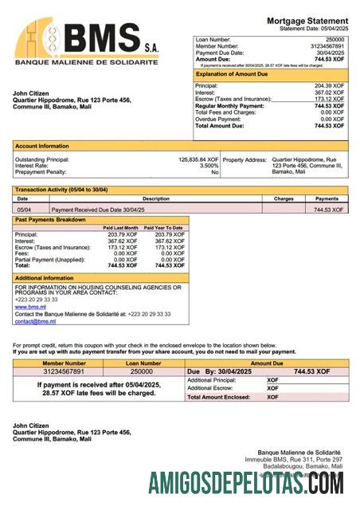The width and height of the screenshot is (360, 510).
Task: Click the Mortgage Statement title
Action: coord(306,20)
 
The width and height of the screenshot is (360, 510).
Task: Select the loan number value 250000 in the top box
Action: coord(335,39)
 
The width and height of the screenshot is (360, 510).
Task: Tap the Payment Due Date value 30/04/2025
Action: coord(331,52)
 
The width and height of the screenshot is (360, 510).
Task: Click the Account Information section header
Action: coord(41,146)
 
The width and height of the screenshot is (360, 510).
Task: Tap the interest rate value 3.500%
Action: coord(209,166)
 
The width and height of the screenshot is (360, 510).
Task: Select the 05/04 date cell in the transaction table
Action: coord(24,210)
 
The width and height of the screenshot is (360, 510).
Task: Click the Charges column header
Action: coord(284,198)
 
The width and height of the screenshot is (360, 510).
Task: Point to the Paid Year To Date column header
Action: coord(163,228)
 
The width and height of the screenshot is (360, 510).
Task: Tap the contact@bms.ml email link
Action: coord(35,321)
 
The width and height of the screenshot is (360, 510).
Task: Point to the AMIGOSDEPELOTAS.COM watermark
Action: coord(246,483)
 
